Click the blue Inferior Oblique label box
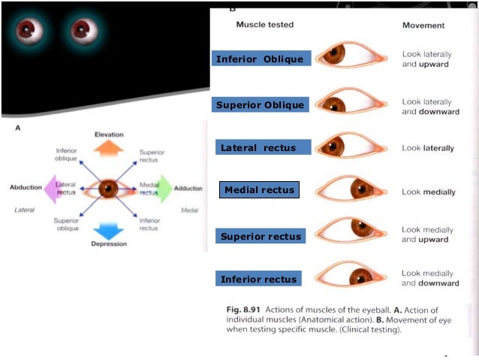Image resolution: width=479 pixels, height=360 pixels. (261, 59)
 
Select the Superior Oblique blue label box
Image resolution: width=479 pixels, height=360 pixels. (260, 104)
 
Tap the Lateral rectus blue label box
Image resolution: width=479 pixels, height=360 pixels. (258, 148)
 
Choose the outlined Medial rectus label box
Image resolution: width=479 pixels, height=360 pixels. (260, 189)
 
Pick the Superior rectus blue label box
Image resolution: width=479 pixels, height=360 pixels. (261, 237)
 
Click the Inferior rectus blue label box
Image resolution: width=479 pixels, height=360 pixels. (259, 280)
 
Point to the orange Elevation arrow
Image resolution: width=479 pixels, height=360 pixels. (109, 147)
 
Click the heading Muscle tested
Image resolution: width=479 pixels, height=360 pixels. (264, 25)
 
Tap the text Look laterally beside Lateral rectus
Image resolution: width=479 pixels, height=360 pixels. (428, 148)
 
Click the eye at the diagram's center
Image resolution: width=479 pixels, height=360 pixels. (109, 188)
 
